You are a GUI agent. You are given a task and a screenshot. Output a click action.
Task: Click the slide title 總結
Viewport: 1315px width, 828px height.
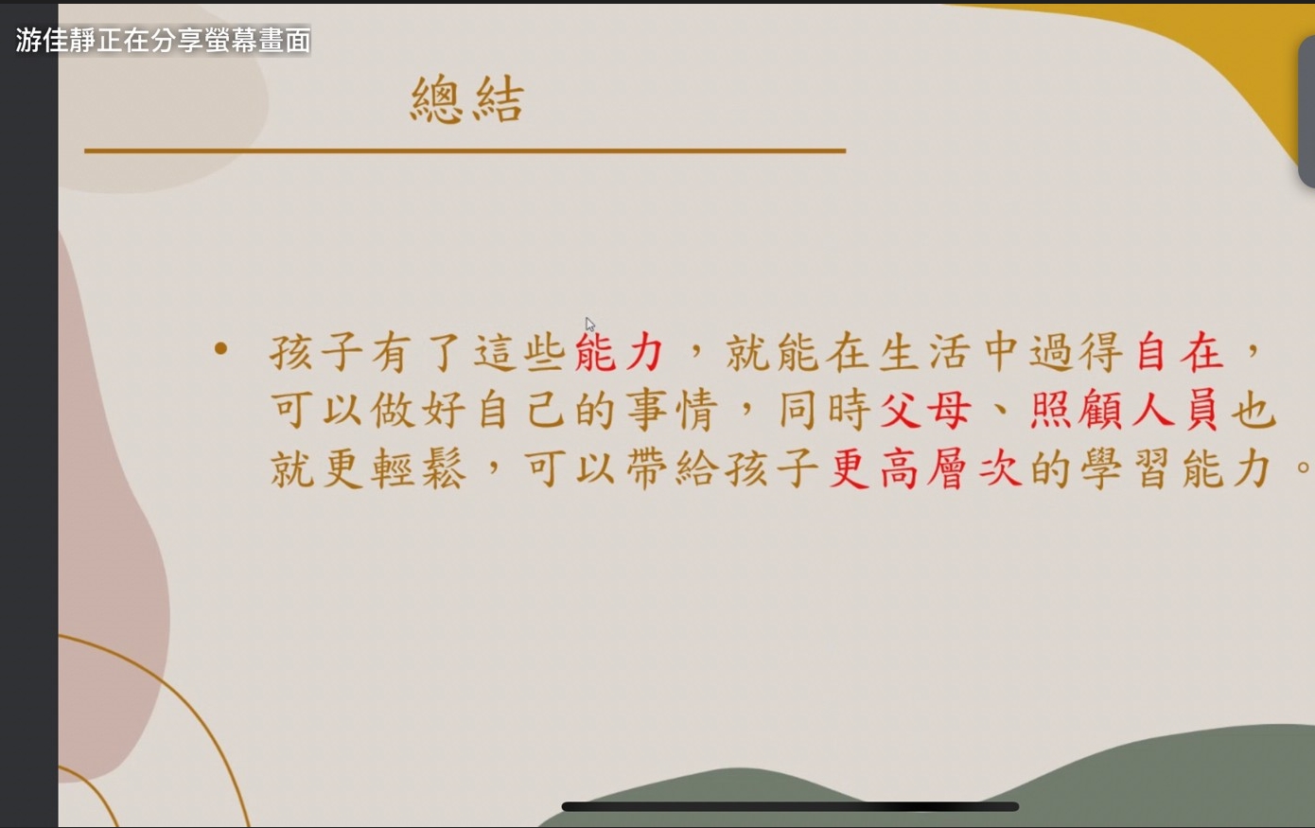tap(466, 99)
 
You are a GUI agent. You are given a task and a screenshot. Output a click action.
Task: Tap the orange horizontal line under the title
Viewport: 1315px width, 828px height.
tap(465, 150)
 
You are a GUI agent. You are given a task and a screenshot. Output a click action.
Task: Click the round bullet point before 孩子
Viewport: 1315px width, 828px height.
tap(220, 349)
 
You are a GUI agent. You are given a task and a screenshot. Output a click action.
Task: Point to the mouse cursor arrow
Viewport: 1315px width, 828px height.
tap(590, 325)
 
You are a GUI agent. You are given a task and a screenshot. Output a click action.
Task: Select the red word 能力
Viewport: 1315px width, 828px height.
tap(620, 352)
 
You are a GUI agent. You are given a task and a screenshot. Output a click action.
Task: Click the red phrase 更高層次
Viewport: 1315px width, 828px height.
tap(926, 468)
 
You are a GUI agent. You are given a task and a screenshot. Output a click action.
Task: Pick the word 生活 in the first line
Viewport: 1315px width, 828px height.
tap(924, 352)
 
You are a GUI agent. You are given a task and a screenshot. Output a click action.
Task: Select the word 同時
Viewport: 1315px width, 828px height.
tap(825, 410)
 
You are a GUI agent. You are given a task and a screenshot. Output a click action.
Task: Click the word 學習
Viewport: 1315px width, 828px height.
tap(1124, 468)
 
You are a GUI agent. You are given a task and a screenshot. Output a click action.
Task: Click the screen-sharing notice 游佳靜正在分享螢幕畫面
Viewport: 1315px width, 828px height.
tap(163, 41)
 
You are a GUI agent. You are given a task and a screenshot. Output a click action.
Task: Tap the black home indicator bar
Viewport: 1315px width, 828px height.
tap(790, 806)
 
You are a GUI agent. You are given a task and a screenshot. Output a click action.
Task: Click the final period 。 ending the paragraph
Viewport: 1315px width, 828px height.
tap(1303, 467)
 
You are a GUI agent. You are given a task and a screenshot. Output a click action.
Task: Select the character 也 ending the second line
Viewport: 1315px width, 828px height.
tap(1254, 409)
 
